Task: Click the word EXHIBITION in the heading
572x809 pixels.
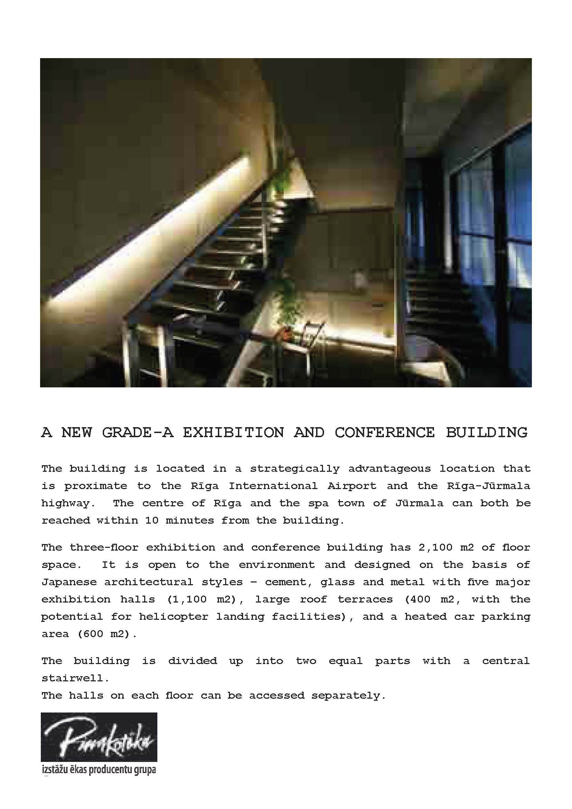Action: click(233, 432)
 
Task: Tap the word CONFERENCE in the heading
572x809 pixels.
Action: click(385, 432)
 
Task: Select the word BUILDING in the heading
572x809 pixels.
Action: click(487, 432)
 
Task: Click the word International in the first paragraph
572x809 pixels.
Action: click(273, 486)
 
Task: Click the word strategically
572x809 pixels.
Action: click(295, 469)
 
